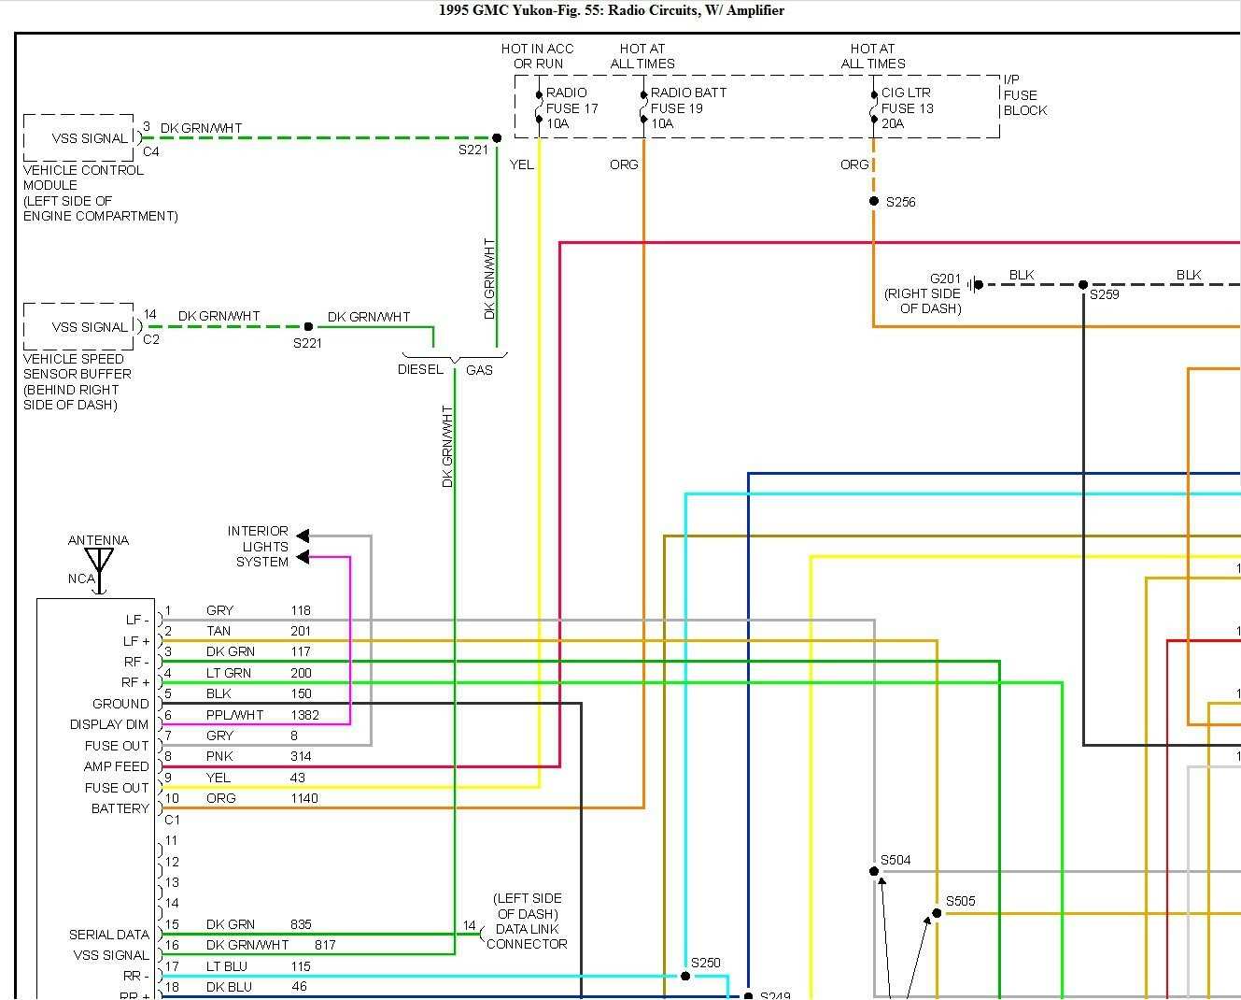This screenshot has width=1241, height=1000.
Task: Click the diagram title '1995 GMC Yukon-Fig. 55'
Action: pos(611,11)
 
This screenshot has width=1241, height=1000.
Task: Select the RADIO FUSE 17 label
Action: pos(571,107)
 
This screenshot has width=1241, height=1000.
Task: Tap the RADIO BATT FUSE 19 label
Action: pos(687,107)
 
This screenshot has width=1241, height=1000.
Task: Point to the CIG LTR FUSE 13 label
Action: pos(907,107)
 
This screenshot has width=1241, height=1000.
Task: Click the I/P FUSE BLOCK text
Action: pos(1024,95)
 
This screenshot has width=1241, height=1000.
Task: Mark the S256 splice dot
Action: pos(874,201)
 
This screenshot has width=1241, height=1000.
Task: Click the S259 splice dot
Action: pos(1083,284)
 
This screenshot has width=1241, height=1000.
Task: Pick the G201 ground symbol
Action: pos(973,284)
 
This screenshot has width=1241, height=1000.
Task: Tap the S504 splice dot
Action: pos(874,871)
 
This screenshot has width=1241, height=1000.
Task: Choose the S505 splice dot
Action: pos(937,913)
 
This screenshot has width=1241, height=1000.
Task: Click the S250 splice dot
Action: pos(685,976)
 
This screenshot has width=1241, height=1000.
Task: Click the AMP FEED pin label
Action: pos(117,766)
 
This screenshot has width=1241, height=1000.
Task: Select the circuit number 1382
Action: pos(304,715)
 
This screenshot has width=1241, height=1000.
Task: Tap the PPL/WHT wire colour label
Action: pos(234,715)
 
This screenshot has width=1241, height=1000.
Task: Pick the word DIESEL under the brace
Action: pos(420,369)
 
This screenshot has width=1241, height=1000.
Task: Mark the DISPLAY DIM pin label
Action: pos(109,724)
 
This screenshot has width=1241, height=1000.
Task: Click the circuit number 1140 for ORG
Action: pos(303,798)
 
